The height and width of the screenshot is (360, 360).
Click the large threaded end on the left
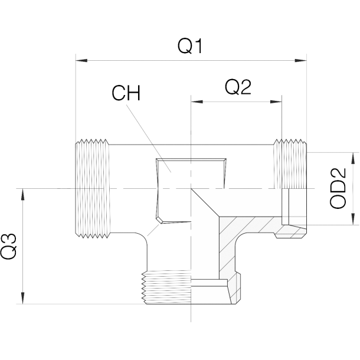coord(93,189)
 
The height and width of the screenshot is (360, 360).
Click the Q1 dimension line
coord(148,60)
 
